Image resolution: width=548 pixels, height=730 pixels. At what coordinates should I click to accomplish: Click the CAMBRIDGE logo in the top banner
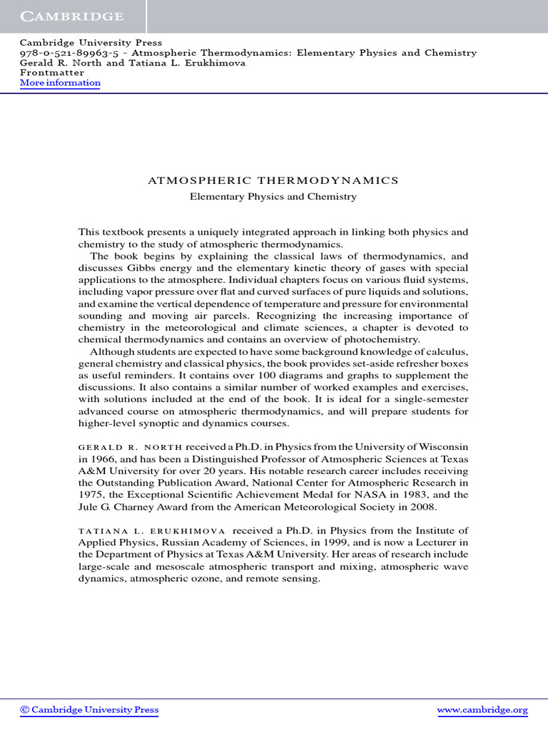pos(72,16)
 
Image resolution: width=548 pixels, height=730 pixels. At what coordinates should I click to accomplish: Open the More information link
pos(60,83)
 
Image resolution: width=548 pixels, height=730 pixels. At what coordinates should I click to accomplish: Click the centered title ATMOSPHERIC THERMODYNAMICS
pos(273,180)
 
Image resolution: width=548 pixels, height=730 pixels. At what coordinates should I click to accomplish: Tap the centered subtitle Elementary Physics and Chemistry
pos(273,196)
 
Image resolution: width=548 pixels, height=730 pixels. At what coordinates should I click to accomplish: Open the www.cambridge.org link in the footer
pos(482,710)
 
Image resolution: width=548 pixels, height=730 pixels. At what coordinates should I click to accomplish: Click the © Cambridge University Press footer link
pos(89,710)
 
